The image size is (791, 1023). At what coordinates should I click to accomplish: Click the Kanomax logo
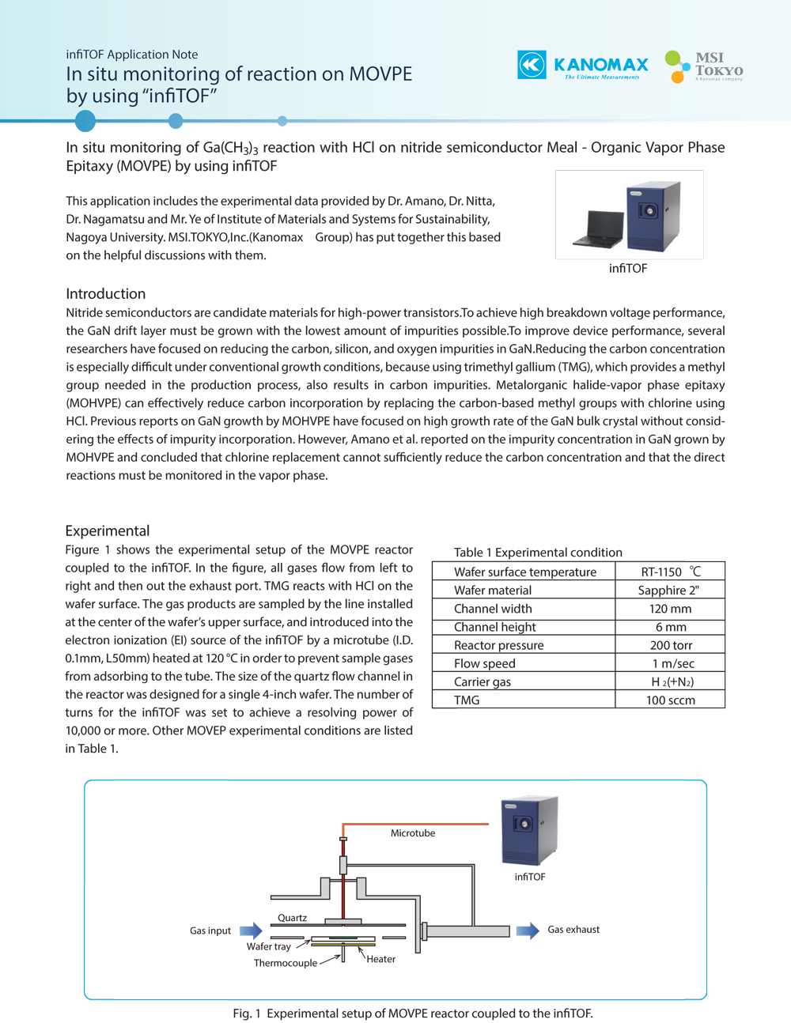pos(583,65)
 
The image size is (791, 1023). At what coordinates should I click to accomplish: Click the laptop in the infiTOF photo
pos(604,228)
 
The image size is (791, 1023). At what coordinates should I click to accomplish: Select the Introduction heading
pos(106,294)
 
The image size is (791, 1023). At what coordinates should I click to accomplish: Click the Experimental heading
pos(108,531)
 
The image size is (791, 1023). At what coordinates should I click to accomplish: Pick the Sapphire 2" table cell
pos(669,591)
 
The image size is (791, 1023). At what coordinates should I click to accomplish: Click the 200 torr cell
pos(671,645)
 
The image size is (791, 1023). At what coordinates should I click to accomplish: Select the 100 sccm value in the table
pos(671,700)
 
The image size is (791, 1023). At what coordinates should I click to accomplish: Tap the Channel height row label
pos(495,627)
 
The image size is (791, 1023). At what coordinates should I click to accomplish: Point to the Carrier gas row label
pos(483,681)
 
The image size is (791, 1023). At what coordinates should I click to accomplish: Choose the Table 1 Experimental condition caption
pos(538,553)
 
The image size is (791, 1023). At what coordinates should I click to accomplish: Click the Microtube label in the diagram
pos(413,833)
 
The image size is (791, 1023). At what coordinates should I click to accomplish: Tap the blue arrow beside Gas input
pos(251,931)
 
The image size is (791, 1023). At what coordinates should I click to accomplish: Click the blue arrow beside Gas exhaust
pos(528,930)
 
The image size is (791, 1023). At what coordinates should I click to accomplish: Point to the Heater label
pos(380,960)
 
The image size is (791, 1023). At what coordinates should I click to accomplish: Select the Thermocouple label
pos(286,963)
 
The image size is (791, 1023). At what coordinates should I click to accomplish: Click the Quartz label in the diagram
pos(292,918)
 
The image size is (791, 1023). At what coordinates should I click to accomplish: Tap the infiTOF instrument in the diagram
pos(529,830)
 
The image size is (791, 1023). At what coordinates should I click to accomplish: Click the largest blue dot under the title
pos(85,121)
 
